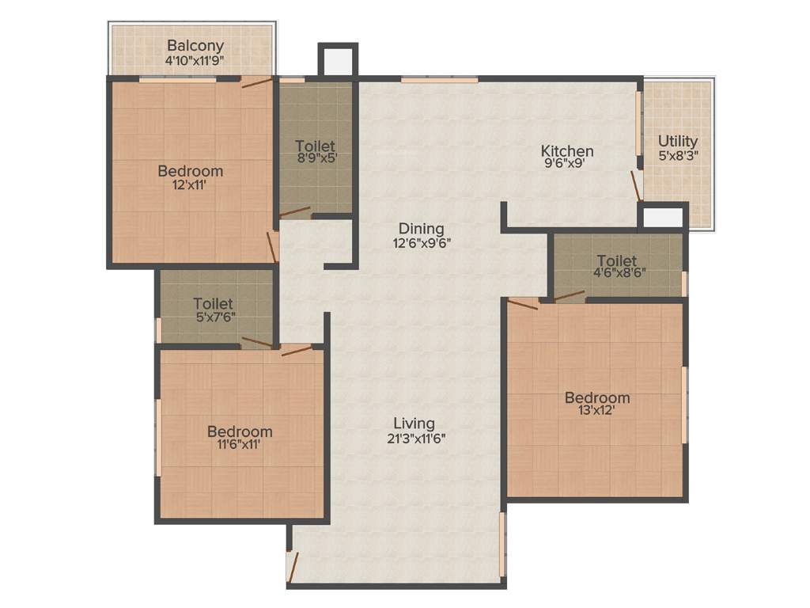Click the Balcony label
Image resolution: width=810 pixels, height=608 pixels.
[x=195, y=46]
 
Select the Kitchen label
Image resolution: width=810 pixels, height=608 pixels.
[x=566, y=150]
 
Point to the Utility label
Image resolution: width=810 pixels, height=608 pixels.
[x=678, y=141]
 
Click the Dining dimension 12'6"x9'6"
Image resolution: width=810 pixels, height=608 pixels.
[x=422, y=244]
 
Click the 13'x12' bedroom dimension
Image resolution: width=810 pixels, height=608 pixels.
[x=596, y=412]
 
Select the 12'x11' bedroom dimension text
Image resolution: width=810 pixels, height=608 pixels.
[x=190, y=185]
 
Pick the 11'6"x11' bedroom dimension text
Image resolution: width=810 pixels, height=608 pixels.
[x=239, y=446]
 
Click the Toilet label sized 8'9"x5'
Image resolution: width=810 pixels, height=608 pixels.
[x=315, y=146]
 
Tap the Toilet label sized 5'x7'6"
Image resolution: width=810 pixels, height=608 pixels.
[x=213, y=303]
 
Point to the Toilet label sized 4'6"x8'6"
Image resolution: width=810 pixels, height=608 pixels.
[x=616, y=260]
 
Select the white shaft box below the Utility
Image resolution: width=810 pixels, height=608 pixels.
[x=663, y=217]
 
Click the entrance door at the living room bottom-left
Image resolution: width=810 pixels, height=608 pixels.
[x=293, y=565]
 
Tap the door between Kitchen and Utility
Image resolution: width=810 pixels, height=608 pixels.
[x=635, y=185]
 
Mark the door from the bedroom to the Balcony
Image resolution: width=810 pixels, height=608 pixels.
[x=257, y=82]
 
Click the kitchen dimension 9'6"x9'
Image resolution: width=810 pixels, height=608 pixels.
[x=566, y=165]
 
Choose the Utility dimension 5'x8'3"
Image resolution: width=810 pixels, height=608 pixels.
[x=678, y=156]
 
